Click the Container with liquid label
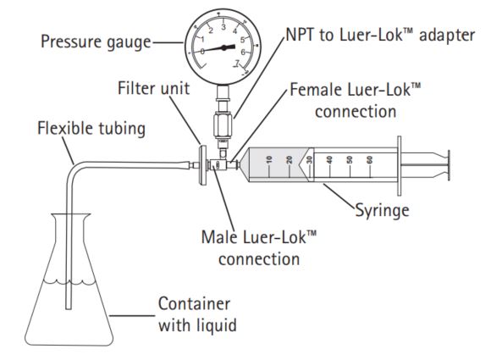(x=194, y=313)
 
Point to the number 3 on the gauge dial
(x=223, y=28)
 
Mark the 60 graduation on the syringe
(x=369, y=159)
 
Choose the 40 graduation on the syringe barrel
(x=329, y=159)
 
